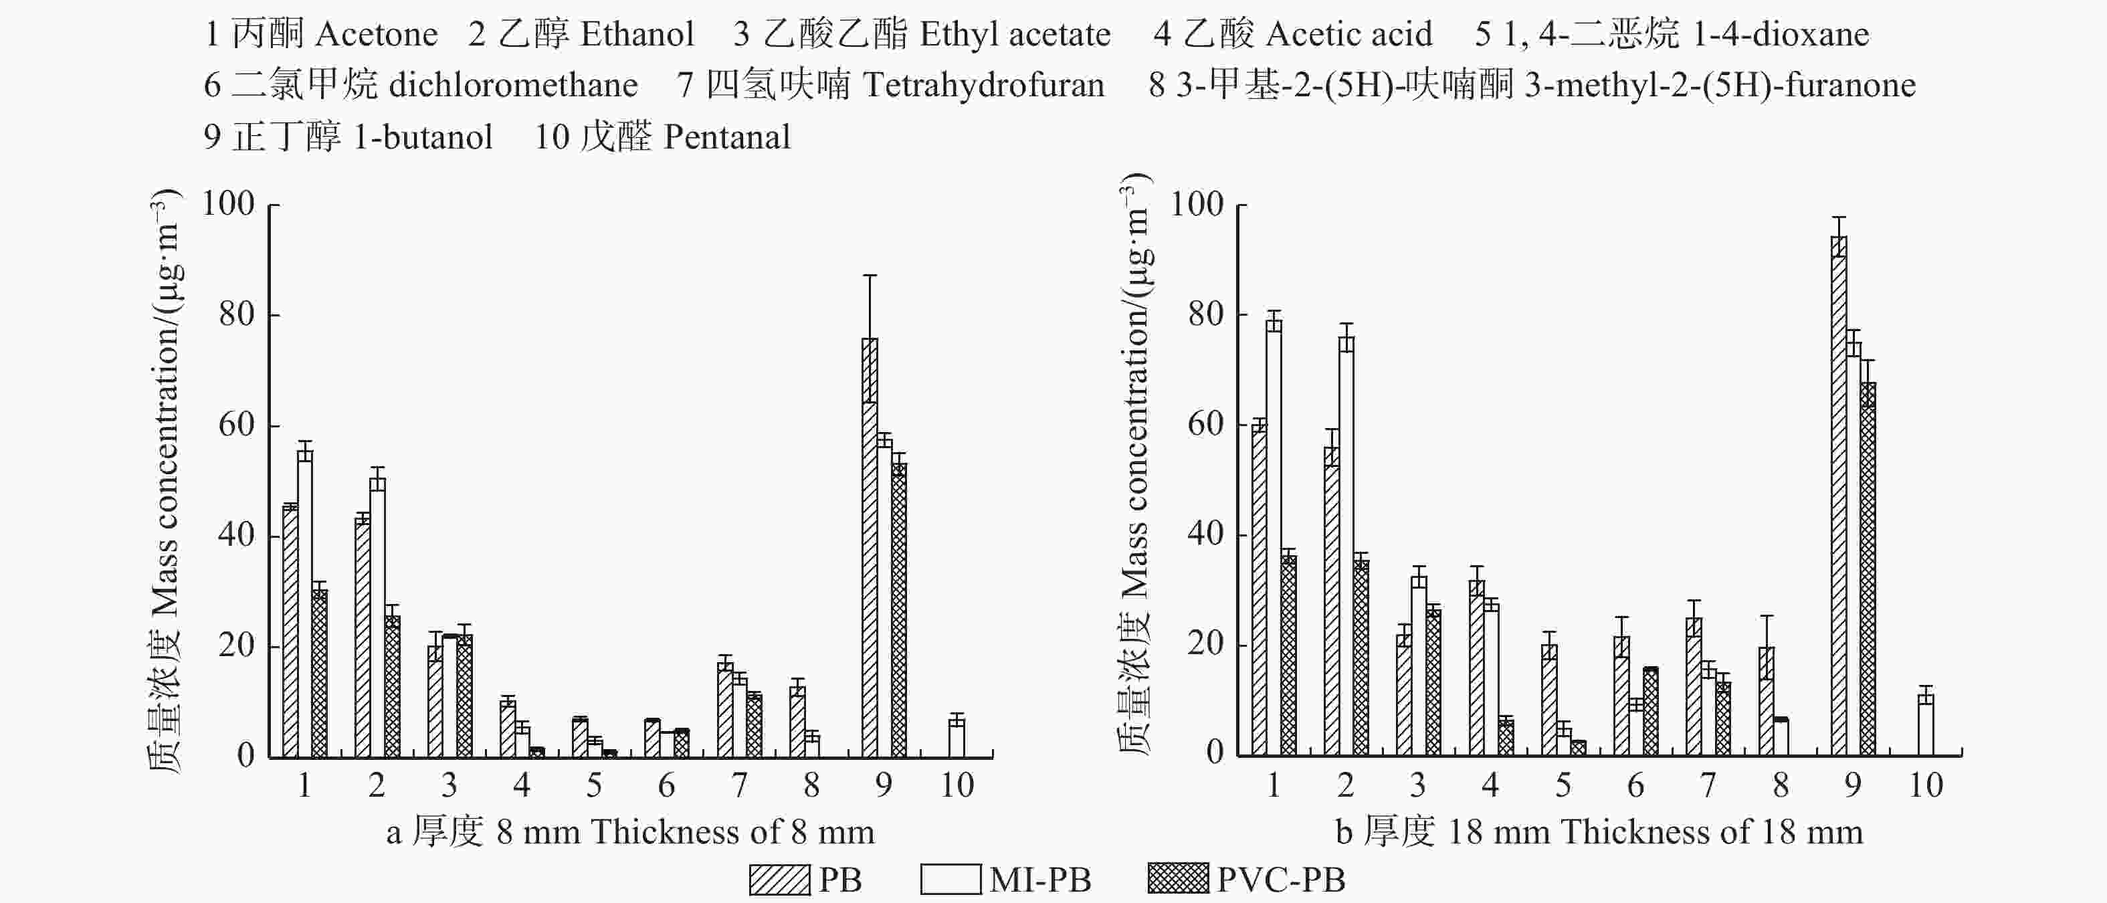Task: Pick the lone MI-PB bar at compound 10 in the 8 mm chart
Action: (x=956, y=737)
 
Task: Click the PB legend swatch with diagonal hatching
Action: (x=779, y=880)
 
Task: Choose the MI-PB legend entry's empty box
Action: (x=950, y=880)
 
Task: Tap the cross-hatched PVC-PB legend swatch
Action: (x=1178, y=880)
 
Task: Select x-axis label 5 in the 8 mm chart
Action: (x=594, y=786)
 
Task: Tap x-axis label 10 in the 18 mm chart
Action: (x=1926, y=786)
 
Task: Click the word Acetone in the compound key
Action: (x=376, y=34)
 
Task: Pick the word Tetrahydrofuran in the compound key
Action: (x=983, y=85)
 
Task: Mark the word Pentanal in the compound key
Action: (x=727, y=136)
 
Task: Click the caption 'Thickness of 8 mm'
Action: (x=733, y=832)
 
